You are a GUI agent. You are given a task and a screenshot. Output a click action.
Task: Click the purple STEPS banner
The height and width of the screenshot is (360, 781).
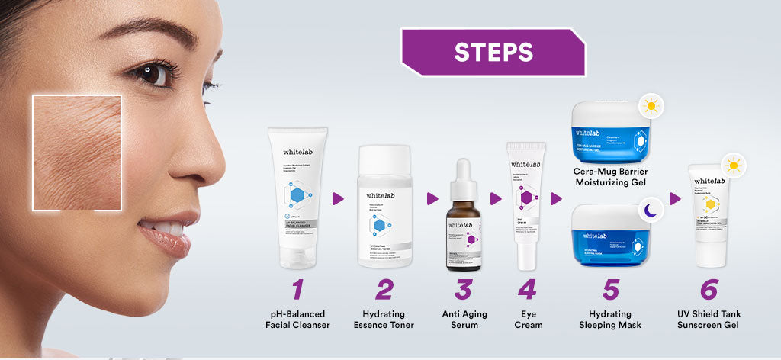click(493, 52)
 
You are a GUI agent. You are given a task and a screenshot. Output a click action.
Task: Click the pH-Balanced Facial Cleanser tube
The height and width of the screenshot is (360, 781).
click(297, 198)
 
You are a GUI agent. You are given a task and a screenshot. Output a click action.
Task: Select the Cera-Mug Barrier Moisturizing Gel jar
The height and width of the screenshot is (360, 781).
click(609, 130)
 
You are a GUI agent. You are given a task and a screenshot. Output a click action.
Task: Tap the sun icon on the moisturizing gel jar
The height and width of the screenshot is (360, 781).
click(651, 105)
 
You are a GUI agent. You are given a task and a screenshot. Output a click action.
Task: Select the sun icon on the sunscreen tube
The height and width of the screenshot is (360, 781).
click(734, 166)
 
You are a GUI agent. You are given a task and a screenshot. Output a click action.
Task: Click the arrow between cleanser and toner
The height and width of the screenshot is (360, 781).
click(338, 199)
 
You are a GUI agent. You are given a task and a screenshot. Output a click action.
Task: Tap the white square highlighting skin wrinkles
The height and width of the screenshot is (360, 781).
click(76, 153)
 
